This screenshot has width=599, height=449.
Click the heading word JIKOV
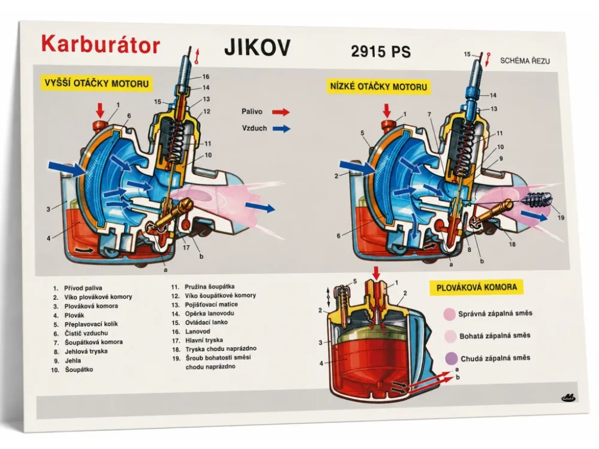(x=258, y=47)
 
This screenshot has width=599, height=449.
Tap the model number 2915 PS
(x=381, y=51)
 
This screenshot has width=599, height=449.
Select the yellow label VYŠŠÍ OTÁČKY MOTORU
(x=96, y=83)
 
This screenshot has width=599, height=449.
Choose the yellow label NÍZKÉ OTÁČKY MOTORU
(x=378, y=86)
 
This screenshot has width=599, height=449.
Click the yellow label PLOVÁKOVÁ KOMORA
(x=476, y=287)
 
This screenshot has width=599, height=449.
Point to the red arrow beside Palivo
(x=281, y=112)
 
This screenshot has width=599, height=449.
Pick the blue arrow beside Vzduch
(x=282, y=129)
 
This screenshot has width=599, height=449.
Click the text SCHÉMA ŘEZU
(x=525, y=60)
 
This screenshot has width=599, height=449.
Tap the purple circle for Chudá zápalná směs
(x=452, y=358)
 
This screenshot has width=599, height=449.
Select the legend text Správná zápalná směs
(x=495, y=314)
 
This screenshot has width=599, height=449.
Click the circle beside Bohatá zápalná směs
(x=450, y=336)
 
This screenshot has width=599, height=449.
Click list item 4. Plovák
(x=69, y=315)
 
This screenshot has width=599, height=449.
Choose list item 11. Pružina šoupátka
(x=203, y=287)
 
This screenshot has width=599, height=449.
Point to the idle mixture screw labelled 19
(x=540, y=199)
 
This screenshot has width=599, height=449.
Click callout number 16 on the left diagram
(x=206, y=77)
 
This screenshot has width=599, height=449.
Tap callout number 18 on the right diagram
(x=512, y=244)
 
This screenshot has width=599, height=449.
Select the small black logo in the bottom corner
(x=568, y=398)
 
